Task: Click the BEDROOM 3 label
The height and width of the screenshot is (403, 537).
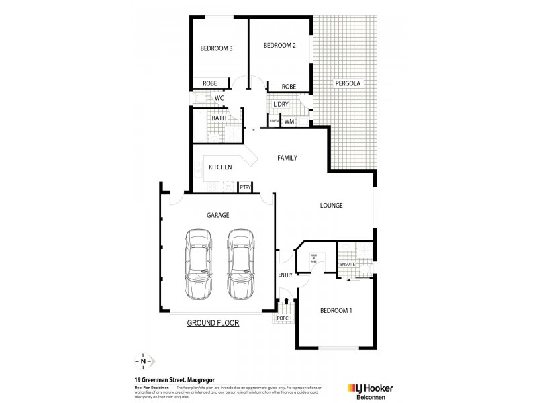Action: pos(216,48)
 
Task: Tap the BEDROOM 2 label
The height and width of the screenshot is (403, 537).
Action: pos(279,46)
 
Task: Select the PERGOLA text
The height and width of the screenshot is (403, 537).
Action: pos(348,84)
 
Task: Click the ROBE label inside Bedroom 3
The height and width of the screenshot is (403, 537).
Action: pos(209,84)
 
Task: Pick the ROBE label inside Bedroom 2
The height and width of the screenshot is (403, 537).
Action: pos(289,87)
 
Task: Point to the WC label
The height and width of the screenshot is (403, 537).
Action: pos(219,98)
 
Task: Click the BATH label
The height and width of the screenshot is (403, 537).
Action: pos(219,118)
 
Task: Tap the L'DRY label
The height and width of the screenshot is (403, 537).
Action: pos(281,105)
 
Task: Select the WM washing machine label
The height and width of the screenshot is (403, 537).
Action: pos(288,122)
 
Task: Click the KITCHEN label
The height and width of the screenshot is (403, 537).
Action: pos(220,167)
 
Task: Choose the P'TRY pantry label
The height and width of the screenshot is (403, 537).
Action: pos(245,187)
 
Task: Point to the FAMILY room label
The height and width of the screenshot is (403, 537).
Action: pos(287,158)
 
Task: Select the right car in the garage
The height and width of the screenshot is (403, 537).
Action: pos(240,264)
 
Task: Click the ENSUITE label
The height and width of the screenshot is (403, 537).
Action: pos(348,265)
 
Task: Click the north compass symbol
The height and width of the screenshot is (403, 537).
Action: pos(144,361)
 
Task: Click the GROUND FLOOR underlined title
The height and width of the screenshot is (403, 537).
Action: pos(213,323)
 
